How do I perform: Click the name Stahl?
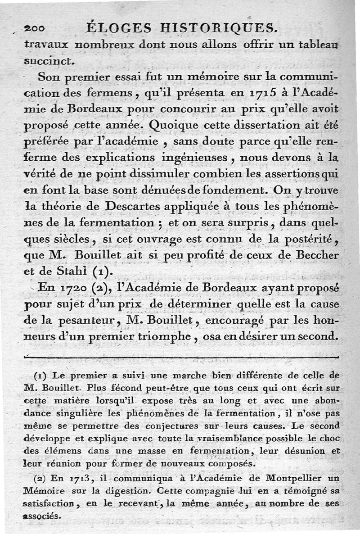point(74,272)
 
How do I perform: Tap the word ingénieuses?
point(203,158)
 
